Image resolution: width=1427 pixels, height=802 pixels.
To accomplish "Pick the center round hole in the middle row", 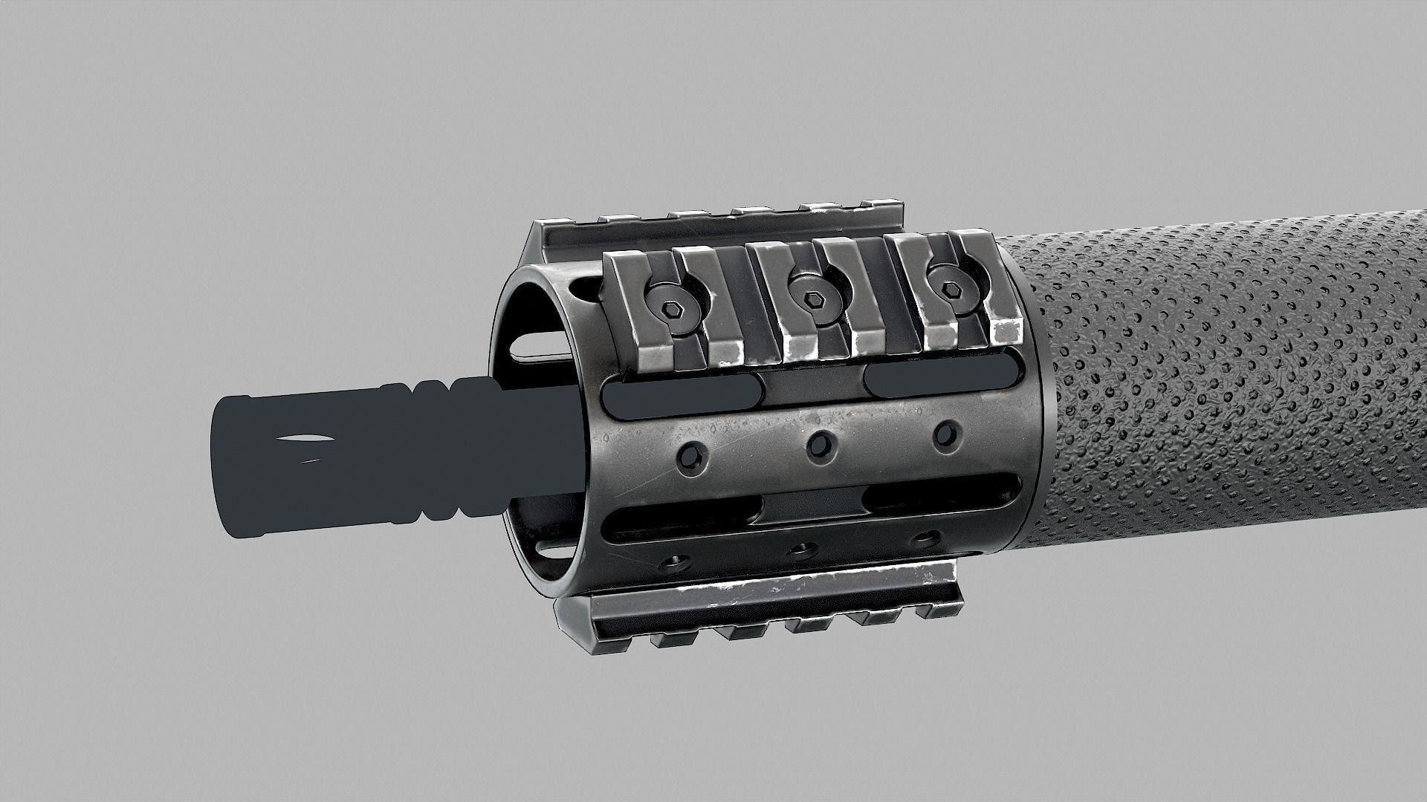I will [819, 443].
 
